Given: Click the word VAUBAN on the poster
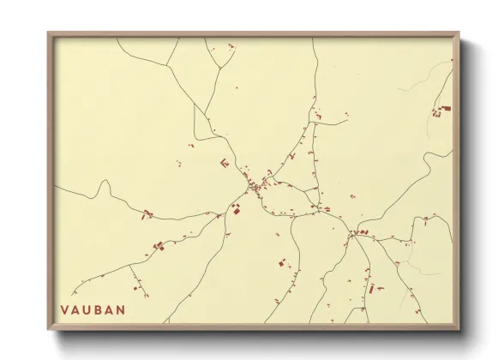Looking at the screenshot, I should click(93, 309).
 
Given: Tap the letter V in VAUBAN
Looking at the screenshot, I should click(65, 309).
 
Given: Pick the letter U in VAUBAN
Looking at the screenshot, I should click(87, 309).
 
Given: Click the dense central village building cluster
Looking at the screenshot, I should click(255, 186).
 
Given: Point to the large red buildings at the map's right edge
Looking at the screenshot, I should click(444, 110).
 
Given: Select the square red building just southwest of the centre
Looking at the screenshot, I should click(237, 210).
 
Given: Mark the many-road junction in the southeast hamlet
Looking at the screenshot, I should click(353, 233).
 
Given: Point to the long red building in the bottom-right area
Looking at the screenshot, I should click(372, 288).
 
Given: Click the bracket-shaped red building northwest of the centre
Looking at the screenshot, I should click(224, 163).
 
